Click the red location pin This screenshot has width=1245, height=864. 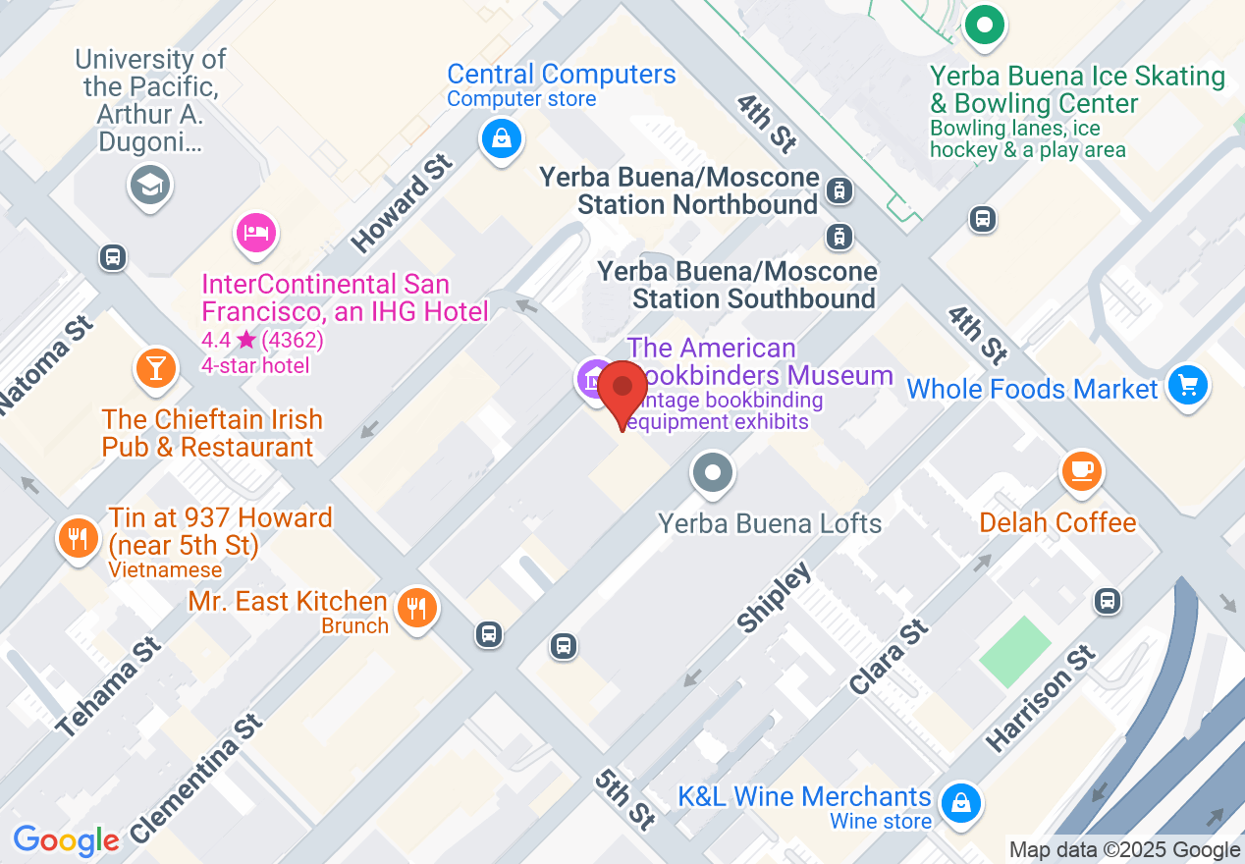pyautogui.click(x=622, y=390)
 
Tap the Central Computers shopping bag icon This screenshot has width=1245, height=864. pyautogui.click(x=502, y=137)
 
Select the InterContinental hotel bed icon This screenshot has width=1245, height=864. pyautogui.click(x=255, y=233)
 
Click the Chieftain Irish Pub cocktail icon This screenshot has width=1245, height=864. pyautogui.click(x=155, y=367)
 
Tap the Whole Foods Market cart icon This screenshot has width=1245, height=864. pyautogui.click(x=1188, y=386)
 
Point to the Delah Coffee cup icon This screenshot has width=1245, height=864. pyautogui.click(x=1082, y=471)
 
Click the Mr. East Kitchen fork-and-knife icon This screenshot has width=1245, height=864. pyautogui.click(x=417, y=608)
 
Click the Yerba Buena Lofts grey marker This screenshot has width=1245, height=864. pyautogui.click(x=713, y=473)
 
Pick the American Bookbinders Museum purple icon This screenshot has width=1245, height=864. pyautogui.click(x=593, y=378)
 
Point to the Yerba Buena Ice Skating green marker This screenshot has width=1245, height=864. pyautogui.click(x=983, y=25)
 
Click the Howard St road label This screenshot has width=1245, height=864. pyautogui.click(x=403, y=201)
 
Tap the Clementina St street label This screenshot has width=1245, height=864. pyautogui.click(x=196, y=779)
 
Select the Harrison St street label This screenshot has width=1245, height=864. pyautogui.click(x=1040, y=698)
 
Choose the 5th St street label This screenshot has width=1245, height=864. pyautogui.click(x=624, y=797)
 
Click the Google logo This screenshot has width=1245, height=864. pyautogui.click(x=66, y=840)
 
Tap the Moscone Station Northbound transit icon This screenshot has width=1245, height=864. pyautogui.click(x=839, y=189)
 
